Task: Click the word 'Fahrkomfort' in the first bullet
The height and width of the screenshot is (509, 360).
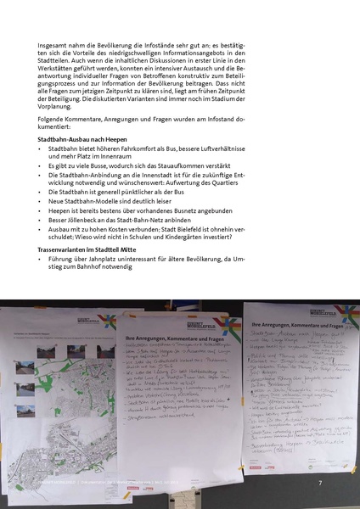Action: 133,148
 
